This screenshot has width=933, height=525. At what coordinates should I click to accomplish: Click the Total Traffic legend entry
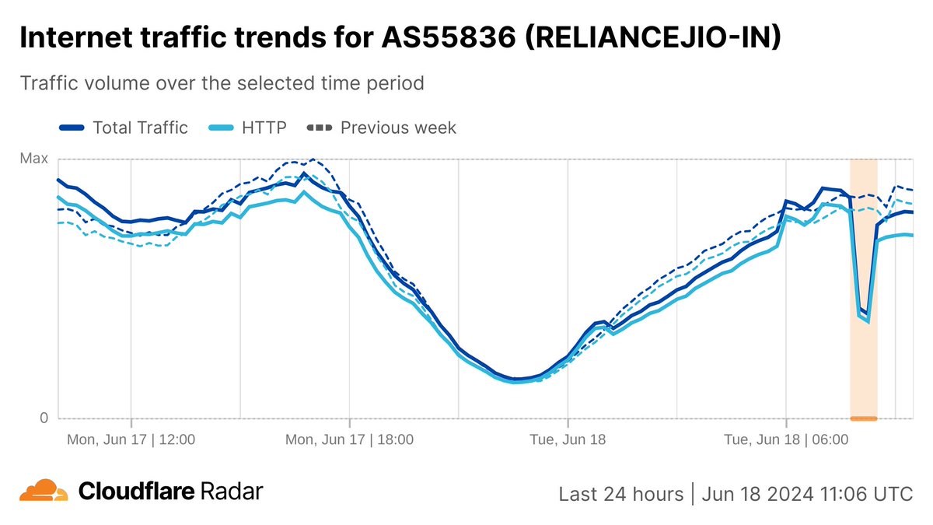click(x=140, y=128)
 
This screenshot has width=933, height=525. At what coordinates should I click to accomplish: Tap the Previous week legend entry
click(x=398, y=128)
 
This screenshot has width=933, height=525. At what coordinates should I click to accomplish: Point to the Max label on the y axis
click(x=33, y=159)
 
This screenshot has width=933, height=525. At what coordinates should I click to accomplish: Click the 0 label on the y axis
click(x=44, y=418)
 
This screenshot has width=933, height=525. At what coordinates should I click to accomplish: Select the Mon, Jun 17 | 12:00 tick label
click(x=131, y=439)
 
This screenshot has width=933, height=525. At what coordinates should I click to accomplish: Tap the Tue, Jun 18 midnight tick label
click(x=568, y=439)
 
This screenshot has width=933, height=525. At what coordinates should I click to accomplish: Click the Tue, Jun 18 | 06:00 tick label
click(x=786, y=439)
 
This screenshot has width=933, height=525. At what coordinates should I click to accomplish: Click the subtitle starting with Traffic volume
click(x=222, y=82)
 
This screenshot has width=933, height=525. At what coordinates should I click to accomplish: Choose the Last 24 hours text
click(x=620, y=494)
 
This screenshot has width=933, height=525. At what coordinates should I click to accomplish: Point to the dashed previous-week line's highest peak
click(x=313, y=159)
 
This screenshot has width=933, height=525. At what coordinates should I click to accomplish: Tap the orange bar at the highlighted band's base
click(x=863, y=418)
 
